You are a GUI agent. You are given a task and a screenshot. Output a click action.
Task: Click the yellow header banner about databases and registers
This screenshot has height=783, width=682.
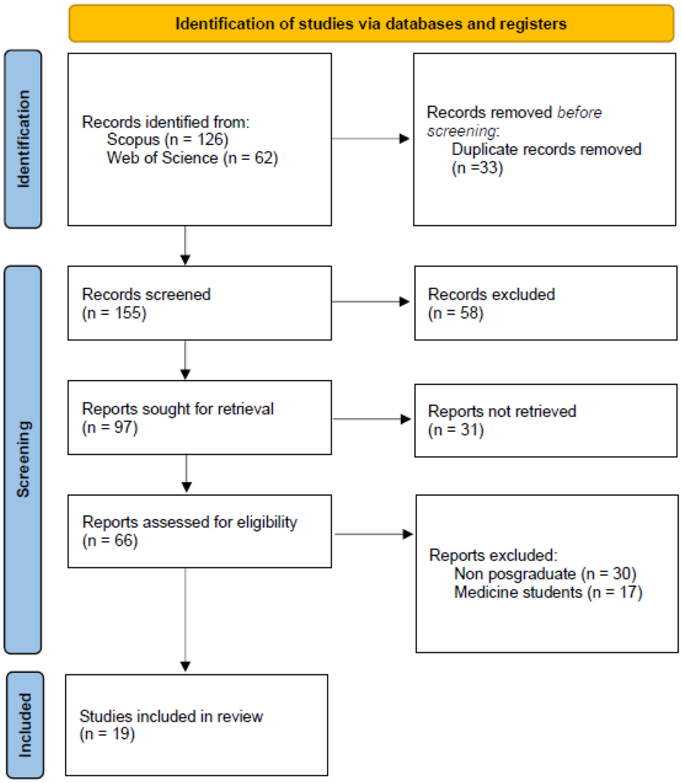pos(371,24)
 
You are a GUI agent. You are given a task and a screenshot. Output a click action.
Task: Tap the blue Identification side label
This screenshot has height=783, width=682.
pos(23,139)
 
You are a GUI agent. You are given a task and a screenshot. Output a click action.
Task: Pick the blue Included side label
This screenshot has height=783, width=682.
pos(25,725)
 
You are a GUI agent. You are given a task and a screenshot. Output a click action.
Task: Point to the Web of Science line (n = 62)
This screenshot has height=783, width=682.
pos(192,158)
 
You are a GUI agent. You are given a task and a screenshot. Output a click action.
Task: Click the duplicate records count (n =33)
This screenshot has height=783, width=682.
pos(477,168)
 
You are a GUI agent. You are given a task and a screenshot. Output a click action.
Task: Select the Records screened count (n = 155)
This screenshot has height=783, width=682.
pos(114,313)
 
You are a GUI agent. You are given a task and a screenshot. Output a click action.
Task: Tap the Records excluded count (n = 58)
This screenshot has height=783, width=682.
pos(455,313)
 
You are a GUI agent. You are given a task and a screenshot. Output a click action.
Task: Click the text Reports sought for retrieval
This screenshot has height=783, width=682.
pos(178,409)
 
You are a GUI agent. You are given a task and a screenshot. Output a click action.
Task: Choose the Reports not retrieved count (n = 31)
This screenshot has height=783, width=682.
pos(455,429)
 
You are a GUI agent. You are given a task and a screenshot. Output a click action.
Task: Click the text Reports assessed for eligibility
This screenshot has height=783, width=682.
pos(190,522)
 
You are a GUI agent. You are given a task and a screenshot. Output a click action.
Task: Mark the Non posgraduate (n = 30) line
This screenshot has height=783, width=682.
pos(545,574)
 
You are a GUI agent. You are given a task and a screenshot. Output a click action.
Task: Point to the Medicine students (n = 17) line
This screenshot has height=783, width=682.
pos(548,592)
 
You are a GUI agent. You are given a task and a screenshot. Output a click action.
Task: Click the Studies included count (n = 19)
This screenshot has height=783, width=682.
pos(107,734)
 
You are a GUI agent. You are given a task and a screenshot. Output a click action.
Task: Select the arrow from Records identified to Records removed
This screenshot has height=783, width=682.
pos(371,139)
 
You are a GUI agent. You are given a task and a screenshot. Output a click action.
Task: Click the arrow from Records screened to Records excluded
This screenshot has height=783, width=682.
pos(371,302)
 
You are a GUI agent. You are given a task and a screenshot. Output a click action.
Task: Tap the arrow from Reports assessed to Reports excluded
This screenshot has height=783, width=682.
pos(373,534)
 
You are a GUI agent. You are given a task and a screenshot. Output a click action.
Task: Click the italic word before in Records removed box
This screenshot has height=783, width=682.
pos(579,112)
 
